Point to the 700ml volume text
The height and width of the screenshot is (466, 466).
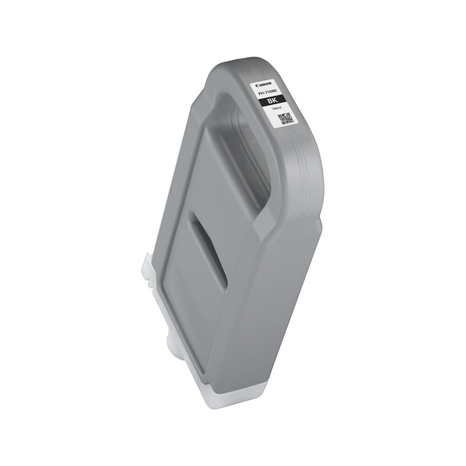pyautogui.click(x=276, y=109)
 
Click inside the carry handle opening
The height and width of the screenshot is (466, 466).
pyautogui.click(x=242, y=140)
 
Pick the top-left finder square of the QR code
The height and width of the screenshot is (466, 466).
pyautogui.click(x=280, y=116)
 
